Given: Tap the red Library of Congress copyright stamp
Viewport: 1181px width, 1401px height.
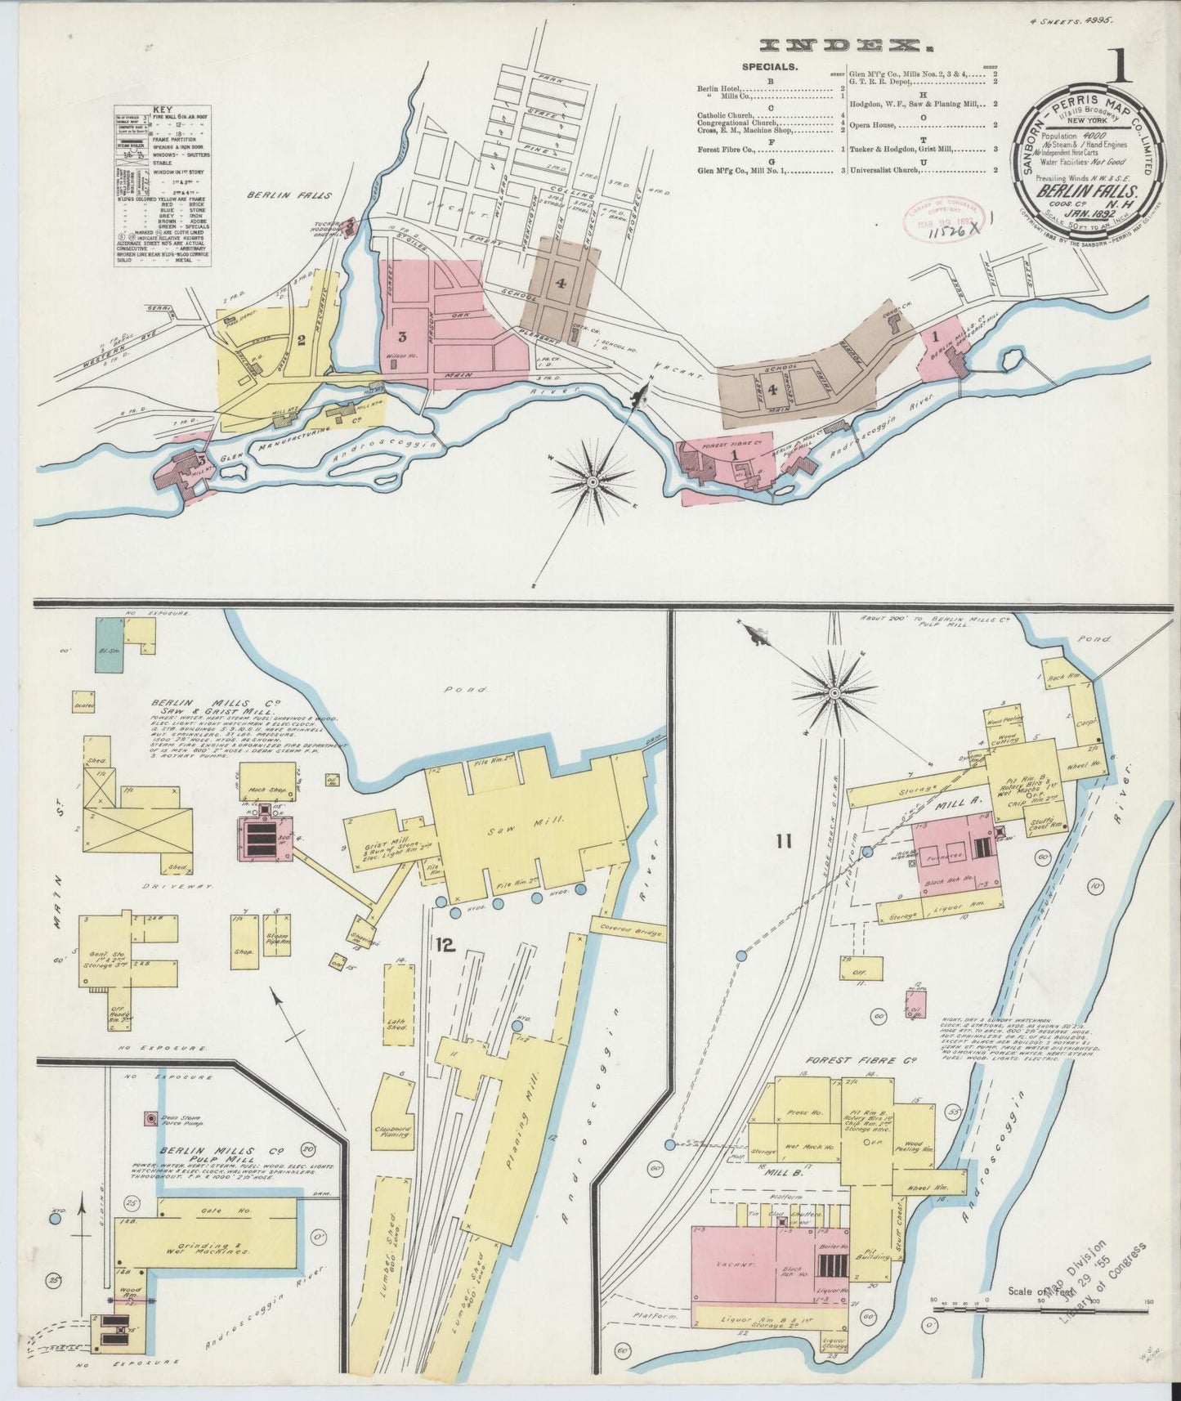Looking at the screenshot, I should (x=938, y=217).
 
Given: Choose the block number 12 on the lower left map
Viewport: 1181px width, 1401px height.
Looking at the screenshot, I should (x=445, y=946).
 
